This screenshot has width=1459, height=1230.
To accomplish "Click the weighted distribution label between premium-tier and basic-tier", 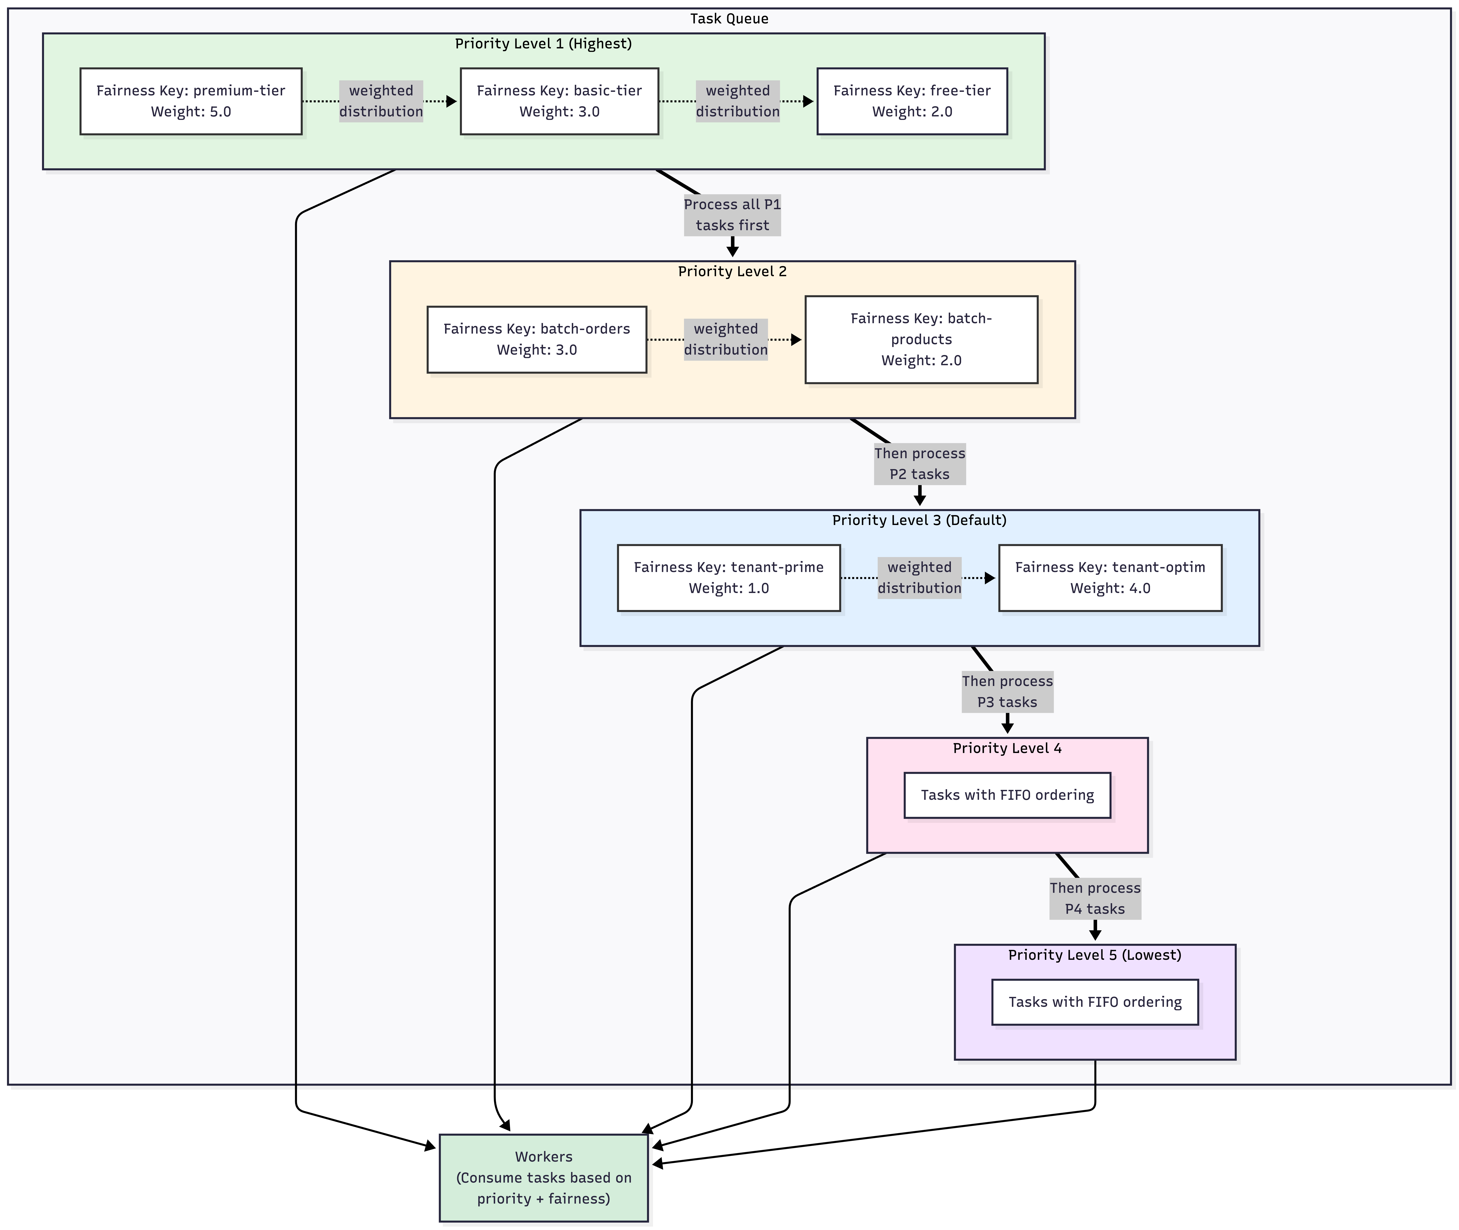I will pos(381,101).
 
